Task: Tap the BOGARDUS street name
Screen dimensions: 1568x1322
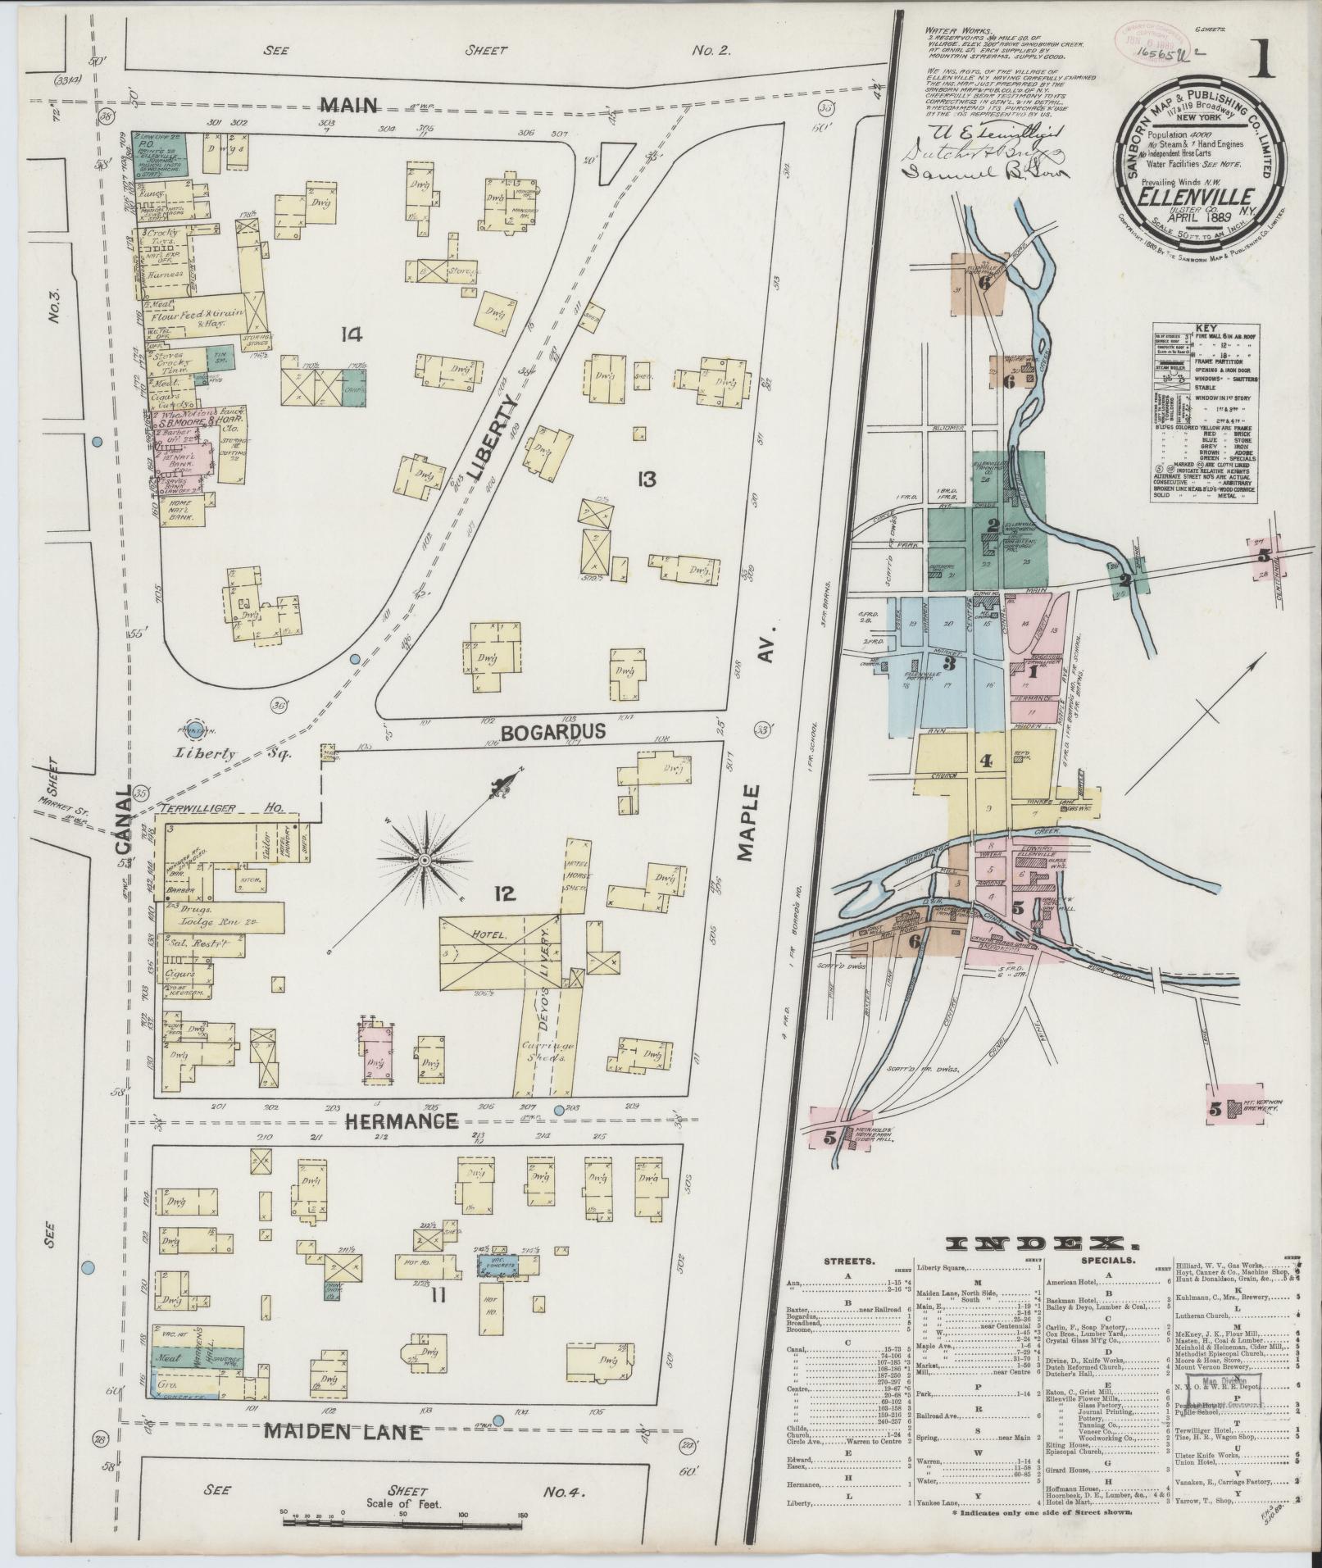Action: (547, 732)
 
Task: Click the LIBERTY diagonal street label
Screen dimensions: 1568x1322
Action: (487, 439)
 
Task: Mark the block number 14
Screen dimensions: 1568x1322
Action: (353, 334)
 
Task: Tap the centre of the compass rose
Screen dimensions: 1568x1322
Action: (425, 860)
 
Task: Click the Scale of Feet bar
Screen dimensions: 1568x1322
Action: (402, 1521)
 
